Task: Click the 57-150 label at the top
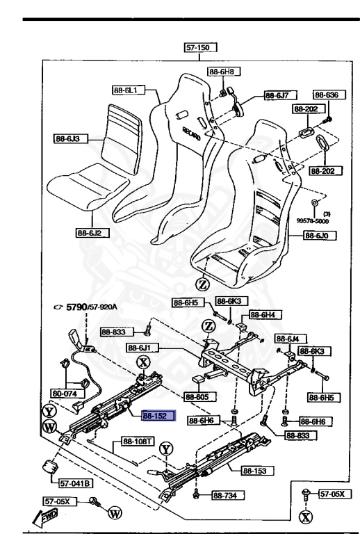coord(201,48)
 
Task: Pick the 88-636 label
coord(325,95)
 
